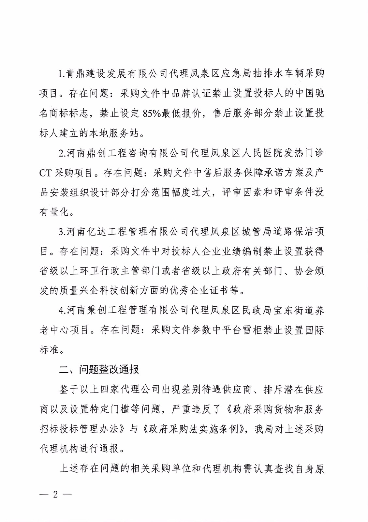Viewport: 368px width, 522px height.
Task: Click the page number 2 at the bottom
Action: click(55, 494)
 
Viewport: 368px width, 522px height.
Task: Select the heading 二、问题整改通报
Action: click(99, 369)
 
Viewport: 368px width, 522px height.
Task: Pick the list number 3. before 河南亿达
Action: click(62, 232)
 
